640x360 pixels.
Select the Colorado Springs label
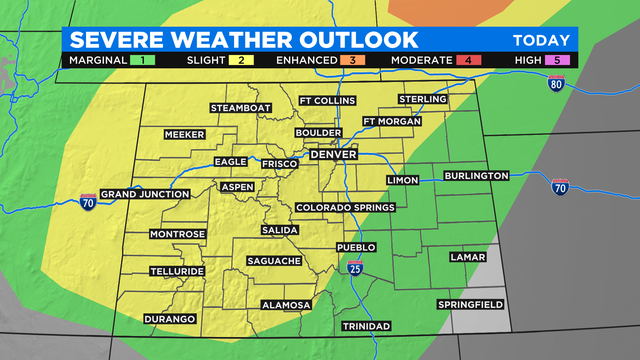[x=345, y=208]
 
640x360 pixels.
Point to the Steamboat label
[x=241, y=108]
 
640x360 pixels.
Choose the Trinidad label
[x=367, y=327]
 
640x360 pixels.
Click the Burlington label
[x=477, y=176]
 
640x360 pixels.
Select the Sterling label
[x=423, y=99]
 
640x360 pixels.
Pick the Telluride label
[x=177, y=271]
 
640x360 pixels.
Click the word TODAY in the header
[x=541, y=40]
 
